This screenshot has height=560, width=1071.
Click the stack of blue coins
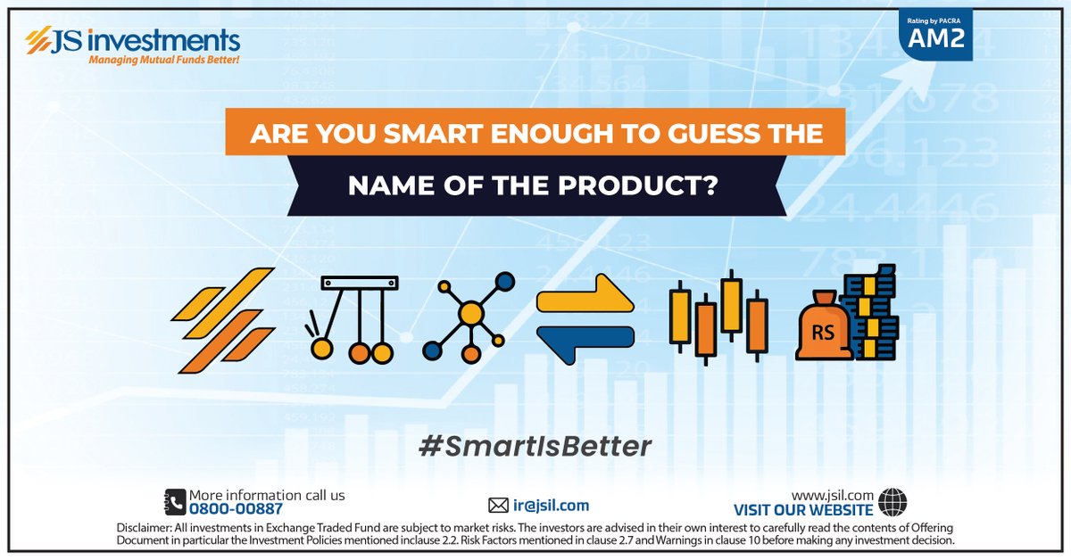873,312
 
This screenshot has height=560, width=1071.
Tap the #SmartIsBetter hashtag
535,445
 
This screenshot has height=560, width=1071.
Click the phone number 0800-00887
235,509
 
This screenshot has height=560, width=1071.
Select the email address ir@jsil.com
551,505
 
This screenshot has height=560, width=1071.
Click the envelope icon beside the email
498,505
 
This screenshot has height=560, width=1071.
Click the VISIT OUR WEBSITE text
803,510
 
